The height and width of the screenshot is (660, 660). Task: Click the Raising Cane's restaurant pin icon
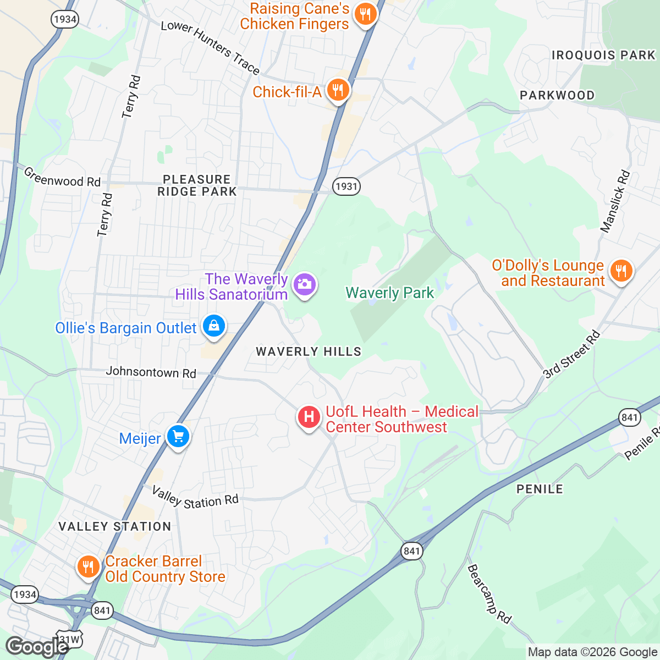pyautogui.click(x=365, y=13)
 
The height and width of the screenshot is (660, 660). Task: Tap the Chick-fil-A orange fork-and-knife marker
pyautogui.click(x=338, y=90)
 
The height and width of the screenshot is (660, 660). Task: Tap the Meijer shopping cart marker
pyautogui.click(x=178, y=437)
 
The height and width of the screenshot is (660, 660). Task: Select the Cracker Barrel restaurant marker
pyautogui.click(x=87, y=566)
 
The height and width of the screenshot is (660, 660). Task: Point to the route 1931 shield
pyautogui.click(x=346, y=186)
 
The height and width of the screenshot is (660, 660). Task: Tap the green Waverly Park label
pyautogui.click(x=389, y=293)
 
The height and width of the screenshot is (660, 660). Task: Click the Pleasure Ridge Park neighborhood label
pyautogui.click(x=197, y=185)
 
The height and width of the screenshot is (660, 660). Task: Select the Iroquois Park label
pyautogui.click(x=603, y=55)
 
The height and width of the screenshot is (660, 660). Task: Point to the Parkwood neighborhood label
pyautogui.click(x=557, y=95)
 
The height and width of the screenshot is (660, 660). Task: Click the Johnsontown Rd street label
pyautogui.click(x=151, y=372)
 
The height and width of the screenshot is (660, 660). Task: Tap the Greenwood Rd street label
pyautogui.click(x=62, y=177)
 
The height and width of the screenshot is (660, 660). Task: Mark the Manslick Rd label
pyautogui.click(x=615, y=201)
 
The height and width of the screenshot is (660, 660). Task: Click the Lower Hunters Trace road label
pyautogui.click(x=210, y=48)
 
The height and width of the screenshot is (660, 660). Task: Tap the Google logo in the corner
pyautogui.click(x=36, y=647)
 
